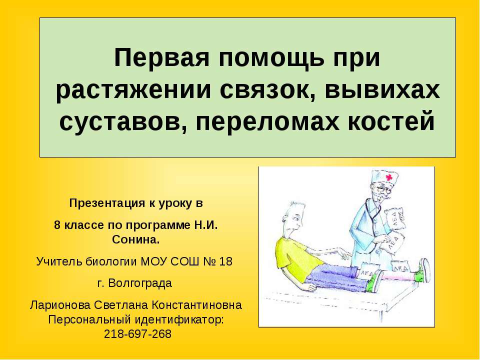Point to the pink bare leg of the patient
[x=395, y=275]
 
